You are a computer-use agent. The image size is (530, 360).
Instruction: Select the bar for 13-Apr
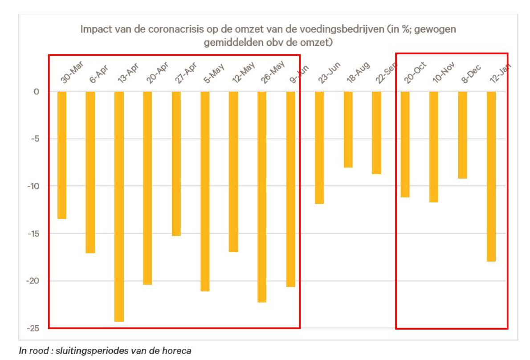pos(119,206)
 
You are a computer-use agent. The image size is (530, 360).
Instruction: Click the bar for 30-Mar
pos(62,155)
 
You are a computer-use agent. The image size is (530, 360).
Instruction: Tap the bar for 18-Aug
pos(348,129)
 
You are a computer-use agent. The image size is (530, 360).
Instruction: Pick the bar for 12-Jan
pos(491,176)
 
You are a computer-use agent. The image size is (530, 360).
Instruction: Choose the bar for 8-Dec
pos(462,135)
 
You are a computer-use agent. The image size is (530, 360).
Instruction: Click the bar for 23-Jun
pos(319,147)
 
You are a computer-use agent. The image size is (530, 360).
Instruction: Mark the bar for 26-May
pos(262,197)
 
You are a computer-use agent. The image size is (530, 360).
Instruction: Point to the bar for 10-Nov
pos(434,147)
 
